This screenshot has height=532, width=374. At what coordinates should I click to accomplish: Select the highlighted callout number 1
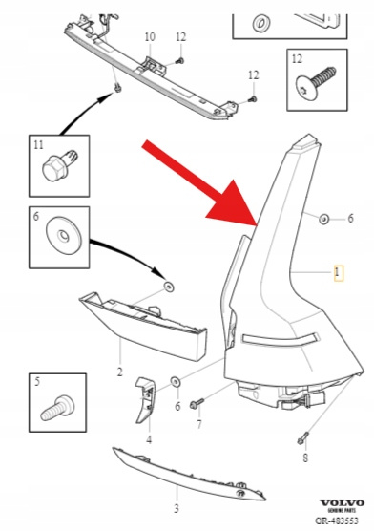coord(339,273)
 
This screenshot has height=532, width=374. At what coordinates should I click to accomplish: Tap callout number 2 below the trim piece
coord(119,372)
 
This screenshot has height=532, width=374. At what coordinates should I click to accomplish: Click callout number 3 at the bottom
coord(177,509)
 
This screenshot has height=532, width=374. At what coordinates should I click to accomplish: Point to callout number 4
coord(149,439)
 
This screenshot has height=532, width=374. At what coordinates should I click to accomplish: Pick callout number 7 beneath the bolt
coord(199,424)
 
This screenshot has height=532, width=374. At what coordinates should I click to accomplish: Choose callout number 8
coord(305,458)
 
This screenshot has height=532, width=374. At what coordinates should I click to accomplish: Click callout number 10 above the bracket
coord(150,36)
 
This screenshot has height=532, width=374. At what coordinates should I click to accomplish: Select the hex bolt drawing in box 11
coord(60,166)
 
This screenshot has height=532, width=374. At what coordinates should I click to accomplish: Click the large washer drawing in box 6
coord(64,236)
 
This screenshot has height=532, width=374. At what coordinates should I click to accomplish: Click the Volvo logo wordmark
coord(343,503)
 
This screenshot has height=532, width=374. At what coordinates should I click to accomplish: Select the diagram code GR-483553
coord(337,521)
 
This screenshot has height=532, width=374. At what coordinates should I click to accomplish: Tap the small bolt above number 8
coord(302,437)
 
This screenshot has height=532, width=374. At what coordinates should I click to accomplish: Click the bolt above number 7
coord(197,403)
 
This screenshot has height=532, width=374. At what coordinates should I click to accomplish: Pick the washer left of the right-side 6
coord(324,219)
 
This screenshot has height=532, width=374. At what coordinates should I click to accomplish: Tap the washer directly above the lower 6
coord(177,381)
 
